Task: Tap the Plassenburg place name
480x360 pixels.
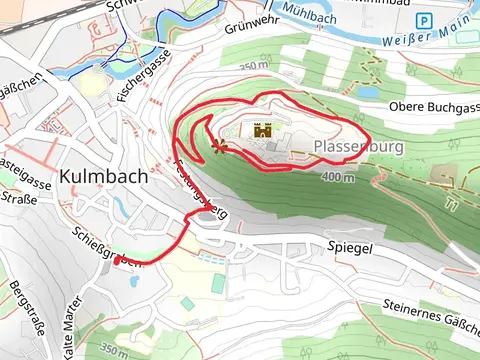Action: coord(349,147)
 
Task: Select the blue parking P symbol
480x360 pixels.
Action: coord(424,20)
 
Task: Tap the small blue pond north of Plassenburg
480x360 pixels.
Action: coord(370,91)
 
